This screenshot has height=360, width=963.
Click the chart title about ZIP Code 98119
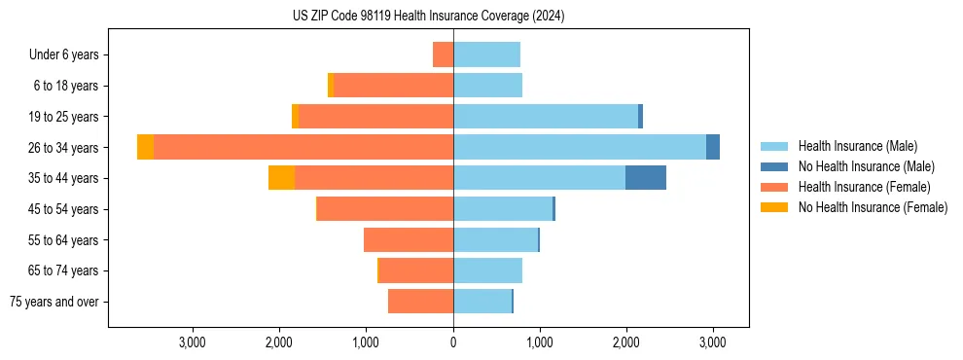point(428,17)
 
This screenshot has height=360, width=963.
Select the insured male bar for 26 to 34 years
point(579,147)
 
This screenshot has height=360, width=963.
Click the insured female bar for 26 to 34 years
point(303,147)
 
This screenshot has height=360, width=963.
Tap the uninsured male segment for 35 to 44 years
point(645,178)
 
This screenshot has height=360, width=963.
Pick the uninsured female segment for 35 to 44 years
point(281,178)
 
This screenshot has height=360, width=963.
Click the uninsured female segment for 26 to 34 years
point(145,147)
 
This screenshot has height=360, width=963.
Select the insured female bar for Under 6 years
point(443,54)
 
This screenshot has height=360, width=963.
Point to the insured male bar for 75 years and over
point(482,302)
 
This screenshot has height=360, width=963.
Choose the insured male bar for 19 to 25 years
point(545,117)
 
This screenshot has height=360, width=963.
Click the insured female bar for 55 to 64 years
point(409,240)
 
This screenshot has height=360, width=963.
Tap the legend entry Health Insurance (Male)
point(857,146)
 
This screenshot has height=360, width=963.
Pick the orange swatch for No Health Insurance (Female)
point(775,207)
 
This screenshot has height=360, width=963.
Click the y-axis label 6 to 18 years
point(66,86)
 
